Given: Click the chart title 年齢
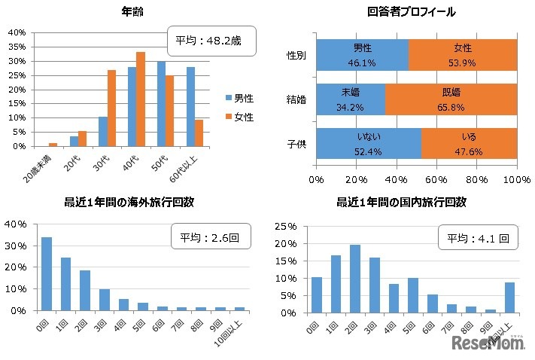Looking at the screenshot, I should tap(133, 12).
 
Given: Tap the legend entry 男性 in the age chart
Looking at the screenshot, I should tap(239, 98).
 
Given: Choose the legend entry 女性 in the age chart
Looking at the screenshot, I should tap(239, 117).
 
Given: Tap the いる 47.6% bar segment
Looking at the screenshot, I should tap(469, 143).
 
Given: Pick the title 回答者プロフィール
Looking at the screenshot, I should tap(412, 12).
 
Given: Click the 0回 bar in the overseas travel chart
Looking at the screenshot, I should tap(47, 273).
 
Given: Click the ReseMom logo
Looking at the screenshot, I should tap(488, 343).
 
